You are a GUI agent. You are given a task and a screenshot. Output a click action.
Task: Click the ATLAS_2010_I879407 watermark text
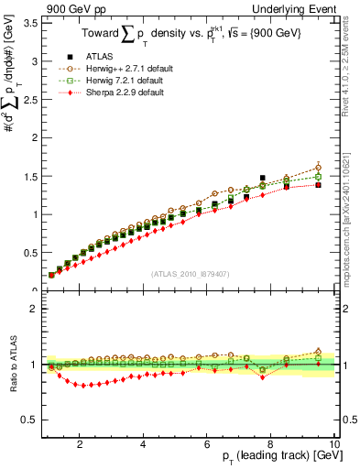(x=191, y=275)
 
